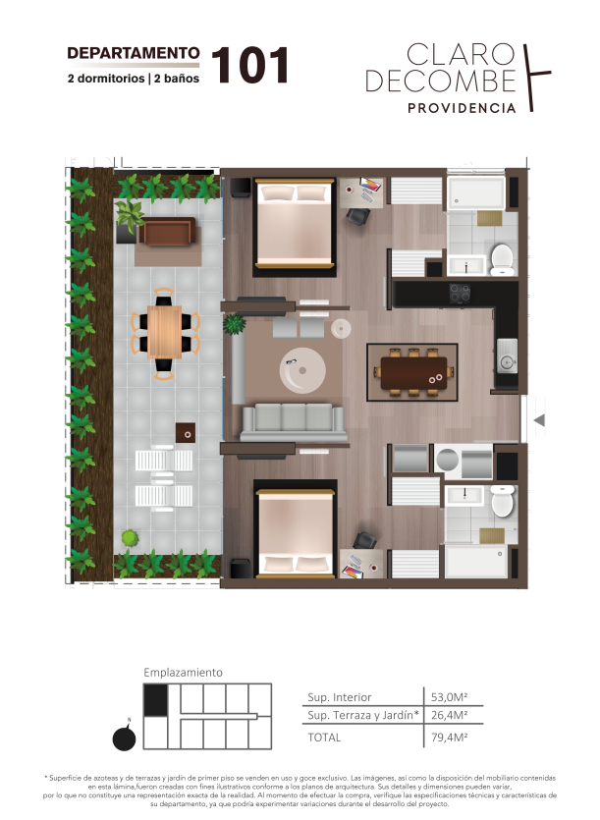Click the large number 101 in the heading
(x=250, y=66)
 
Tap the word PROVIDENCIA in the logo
(x=462, y=108)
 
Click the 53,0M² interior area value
(x=449, y=697)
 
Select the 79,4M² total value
(x=449, y=738)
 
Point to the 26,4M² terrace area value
(x=449, y=715)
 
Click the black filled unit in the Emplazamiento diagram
(x=155, y=700)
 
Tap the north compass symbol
(x=125, y=738)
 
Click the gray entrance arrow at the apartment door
(x=539, y=419)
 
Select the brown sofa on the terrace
(x=167, y=231)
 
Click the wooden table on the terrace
(x=164, y=332)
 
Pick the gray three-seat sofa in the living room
(x=294, y=422)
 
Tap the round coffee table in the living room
(x=302, y=371)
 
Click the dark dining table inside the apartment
(x=413, y=372)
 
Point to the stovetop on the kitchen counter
(x=460, y=294)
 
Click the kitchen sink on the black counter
(x=507, y=356)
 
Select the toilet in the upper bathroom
(x=501, y=259)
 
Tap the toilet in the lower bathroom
(x=503, y=501)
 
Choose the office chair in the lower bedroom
(x=364, y=540)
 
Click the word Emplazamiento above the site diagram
(x=183, y=673)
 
